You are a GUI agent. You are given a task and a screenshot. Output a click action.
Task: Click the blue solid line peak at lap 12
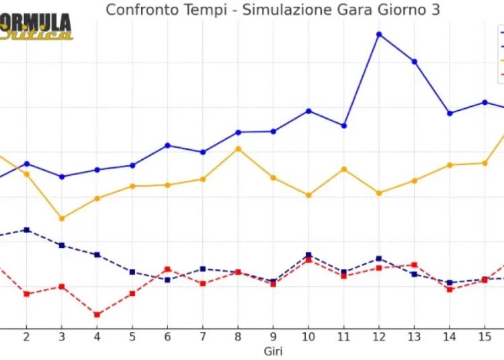pos(379,34)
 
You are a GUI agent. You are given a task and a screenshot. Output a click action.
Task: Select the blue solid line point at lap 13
pos(415,62)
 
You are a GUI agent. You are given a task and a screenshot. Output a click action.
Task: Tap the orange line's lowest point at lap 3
pos(62,218)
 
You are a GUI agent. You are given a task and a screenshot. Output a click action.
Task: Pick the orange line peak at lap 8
pos(238,148)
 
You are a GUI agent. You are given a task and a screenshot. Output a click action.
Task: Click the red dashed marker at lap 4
pos(97,314)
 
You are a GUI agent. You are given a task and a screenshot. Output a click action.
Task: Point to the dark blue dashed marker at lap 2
pos(26,230)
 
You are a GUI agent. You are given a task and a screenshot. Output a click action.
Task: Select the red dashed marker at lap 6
pos(167,269)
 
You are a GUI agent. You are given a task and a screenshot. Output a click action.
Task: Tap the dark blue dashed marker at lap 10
pos(308,255)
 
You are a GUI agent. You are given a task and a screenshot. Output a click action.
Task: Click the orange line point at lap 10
pos(308,195)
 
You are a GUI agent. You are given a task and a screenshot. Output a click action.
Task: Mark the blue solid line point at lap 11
pos(344,126)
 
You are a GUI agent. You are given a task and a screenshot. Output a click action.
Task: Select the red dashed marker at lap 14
pos(450,289)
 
